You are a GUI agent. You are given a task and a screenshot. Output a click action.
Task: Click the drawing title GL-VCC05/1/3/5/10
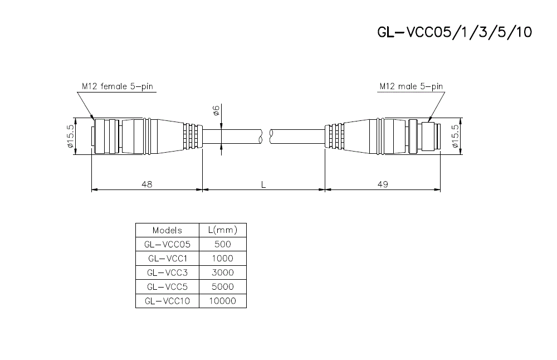455,32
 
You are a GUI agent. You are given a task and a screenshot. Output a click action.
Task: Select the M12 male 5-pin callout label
411,86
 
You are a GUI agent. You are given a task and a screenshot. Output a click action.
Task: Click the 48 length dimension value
146,183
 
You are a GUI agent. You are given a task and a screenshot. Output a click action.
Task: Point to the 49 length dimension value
383,183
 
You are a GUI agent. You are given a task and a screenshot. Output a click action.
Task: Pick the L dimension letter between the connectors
264,183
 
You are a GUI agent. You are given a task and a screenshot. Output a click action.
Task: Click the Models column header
167,230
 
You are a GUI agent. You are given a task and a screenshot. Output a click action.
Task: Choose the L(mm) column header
222,230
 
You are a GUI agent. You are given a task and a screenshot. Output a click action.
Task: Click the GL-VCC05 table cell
167,244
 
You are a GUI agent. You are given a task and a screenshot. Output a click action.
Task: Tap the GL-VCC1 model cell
167,259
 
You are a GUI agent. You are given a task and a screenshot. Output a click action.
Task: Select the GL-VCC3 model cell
167,273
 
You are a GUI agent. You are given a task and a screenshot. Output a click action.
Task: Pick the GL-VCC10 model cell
167,301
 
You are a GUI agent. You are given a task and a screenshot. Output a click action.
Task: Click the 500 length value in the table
222,244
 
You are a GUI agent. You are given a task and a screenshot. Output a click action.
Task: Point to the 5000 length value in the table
222,287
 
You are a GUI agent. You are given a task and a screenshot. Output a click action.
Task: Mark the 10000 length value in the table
222,301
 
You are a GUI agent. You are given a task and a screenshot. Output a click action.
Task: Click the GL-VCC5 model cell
167,287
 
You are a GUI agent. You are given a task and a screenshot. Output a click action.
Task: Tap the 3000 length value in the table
222,273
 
